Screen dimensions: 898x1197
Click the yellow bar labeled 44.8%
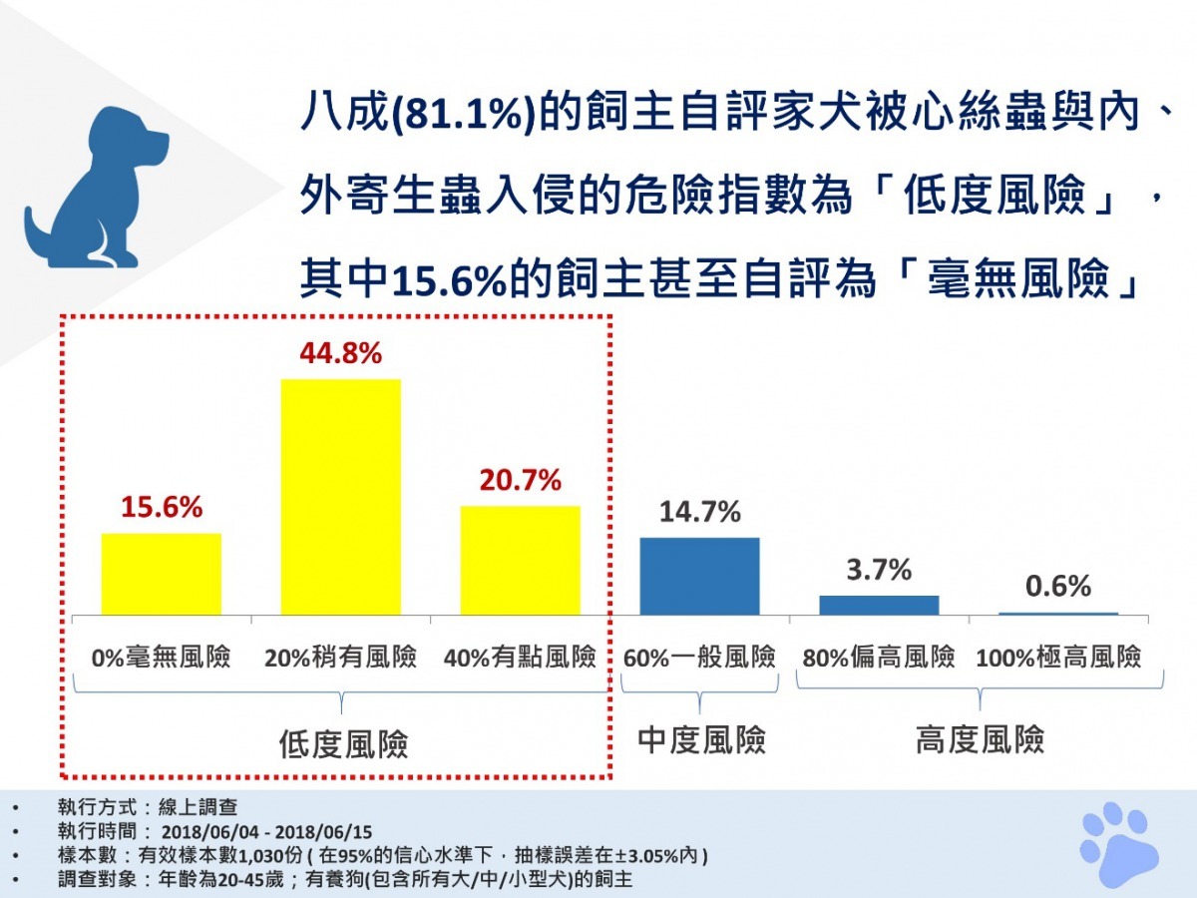(x=341, y=497)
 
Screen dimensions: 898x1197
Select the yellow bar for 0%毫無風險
(x=162, y=574)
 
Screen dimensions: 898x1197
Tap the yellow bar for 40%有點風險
(x=520, y=560)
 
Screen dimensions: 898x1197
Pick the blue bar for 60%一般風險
(x=699, y=576)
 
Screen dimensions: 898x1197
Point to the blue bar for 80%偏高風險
(x=879, y=605)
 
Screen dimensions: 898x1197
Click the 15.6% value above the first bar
(x=162, y=508)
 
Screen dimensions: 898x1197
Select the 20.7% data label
(x=521, y=481)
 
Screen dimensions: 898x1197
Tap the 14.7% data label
(x=699, y=513)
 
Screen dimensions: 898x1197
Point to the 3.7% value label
(x=879, y=571)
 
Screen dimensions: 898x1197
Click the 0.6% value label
(x=1058, y=587)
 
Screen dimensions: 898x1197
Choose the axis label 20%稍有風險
(x=341, y=659)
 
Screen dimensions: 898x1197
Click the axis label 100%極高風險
(x=1058, y=659)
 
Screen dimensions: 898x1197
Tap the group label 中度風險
(x=701, y=739)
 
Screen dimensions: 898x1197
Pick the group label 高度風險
(x=980, y=739)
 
